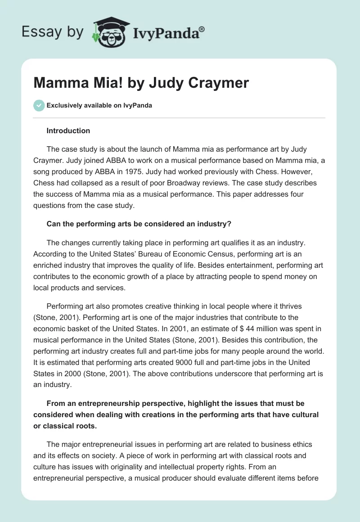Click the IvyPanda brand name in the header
tap(168, 32)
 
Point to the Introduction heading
tap(68, 130)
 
